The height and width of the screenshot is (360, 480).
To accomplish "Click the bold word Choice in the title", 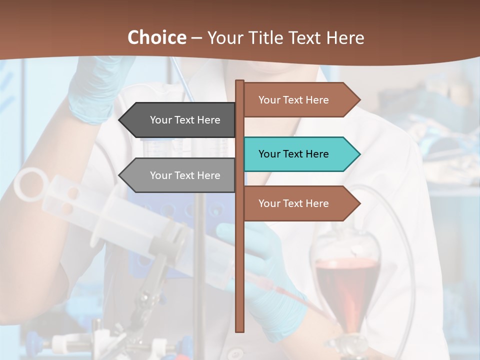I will point(156,37).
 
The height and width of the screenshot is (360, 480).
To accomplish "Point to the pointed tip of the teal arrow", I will point(359,154).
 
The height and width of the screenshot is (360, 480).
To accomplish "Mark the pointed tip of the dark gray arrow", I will point(119,120).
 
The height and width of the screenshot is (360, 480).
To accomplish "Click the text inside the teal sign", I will point(293,154).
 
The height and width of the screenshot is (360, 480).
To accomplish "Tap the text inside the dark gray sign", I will point(185,120).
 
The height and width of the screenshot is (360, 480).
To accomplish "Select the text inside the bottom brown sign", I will point(293,203).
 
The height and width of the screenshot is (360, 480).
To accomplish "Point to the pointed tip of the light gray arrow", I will point(119,175).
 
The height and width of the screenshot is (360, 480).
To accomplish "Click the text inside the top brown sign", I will point(293,100).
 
